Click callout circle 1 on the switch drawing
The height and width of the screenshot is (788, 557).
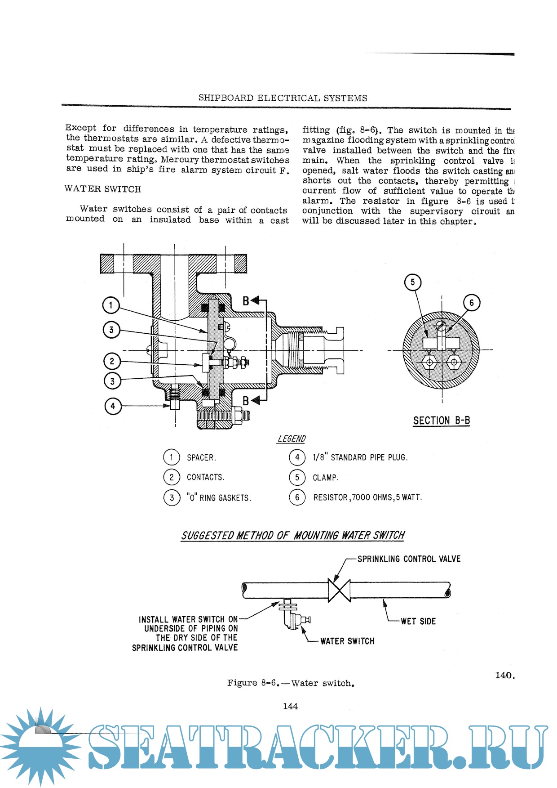pos(111,305)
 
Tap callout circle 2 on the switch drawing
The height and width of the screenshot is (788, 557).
pos(112,361)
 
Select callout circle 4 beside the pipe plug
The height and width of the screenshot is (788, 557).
pos(113,406)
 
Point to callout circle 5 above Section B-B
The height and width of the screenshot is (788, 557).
pos(413,282)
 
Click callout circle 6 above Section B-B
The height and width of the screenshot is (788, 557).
pos(471,303)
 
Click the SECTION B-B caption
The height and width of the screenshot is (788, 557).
pos(441,421)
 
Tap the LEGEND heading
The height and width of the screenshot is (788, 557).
pos(291,439)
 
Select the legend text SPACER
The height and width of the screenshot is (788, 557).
pos(201,457)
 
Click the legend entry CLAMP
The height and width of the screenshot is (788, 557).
pos(325,478)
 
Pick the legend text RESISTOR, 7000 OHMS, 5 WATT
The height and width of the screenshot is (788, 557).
pos(367,497)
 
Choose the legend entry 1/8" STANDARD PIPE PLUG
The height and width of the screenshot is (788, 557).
pos(360,457)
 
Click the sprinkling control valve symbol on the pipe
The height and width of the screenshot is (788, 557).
pos(339,590)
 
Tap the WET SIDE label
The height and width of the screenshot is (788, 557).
pos(418,621)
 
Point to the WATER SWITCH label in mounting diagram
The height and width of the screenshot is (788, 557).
pos(347,641)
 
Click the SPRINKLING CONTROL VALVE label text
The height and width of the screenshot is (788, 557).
pos(409,559)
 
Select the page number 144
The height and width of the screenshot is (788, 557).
pos(290,706)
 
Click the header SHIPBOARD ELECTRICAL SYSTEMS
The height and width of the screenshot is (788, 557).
pos(283,98)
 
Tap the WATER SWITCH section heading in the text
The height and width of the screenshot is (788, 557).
pos(103,189)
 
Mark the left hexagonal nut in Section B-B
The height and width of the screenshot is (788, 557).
pos(429,362)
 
